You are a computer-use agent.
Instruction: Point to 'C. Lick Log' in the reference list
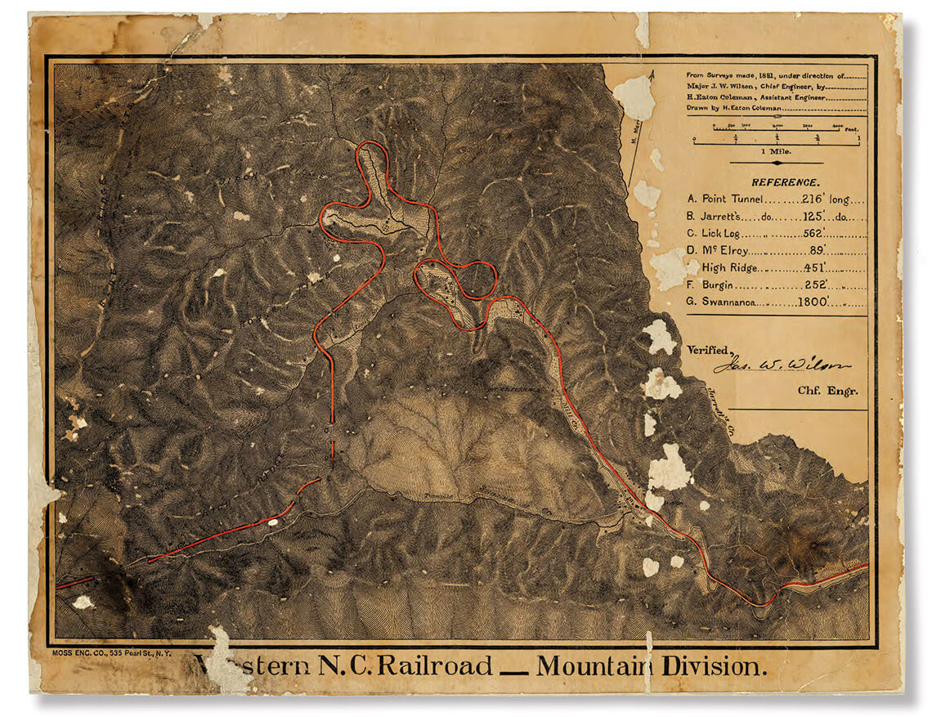pyautogui.click(x=716, y=233)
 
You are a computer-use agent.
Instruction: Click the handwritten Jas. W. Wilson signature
pyautogui.click(x=781, y=365)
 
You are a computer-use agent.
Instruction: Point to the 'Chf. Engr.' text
pyautogui.click(x=827, y=391)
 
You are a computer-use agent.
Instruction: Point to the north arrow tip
pyautogui.click(x=652, y=72)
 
